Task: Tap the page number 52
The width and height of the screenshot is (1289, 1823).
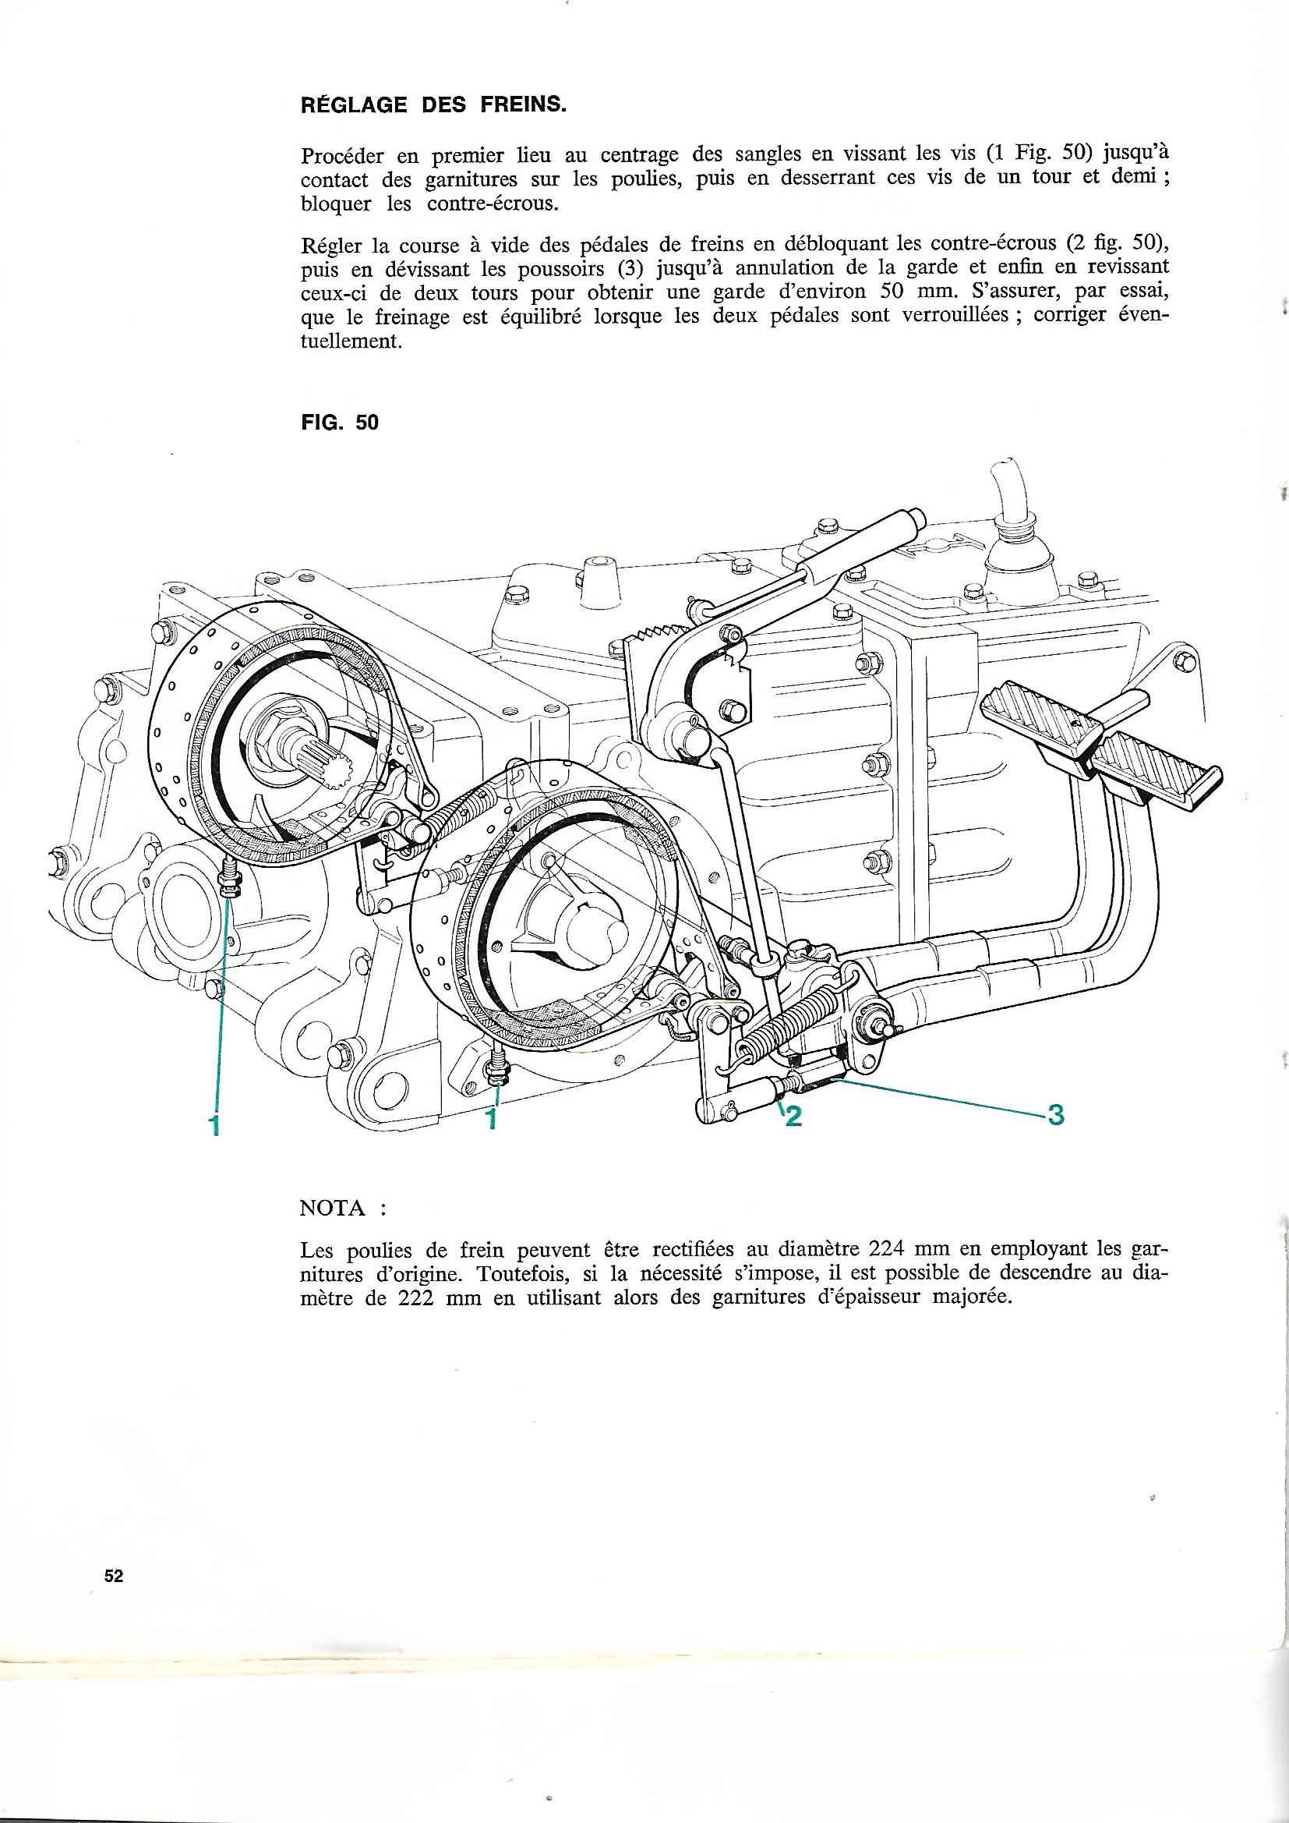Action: (114, 1577)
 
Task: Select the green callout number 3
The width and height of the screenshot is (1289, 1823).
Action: (1055, 1116)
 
